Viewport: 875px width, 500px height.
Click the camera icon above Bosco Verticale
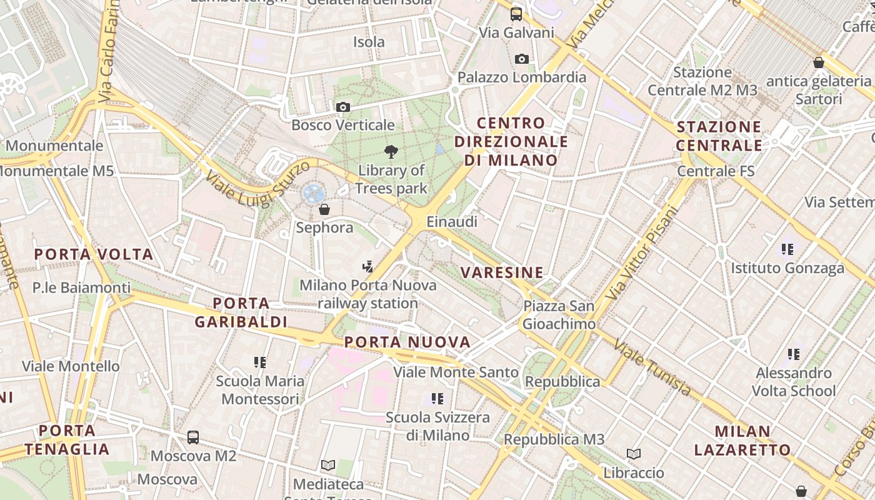coord(342,107)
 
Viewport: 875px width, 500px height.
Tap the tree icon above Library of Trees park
coord(391,151)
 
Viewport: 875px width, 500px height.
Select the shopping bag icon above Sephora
coord(324,209)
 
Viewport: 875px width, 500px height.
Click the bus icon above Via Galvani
coord(516,14)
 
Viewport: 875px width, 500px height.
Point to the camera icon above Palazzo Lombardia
coord(522,59)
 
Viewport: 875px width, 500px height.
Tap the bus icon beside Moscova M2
coord(193,437)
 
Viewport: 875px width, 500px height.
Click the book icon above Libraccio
coord(634,454)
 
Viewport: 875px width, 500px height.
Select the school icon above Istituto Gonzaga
coord(787,249)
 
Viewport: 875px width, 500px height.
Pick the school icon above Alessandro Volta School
coord(794,354)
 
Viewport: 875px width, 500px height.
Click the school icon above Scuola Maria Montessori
coord(260,362)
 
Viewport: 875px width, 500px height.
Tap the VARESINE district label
coord(502,272)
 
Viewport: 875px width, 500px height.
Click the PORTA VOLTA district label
coord(94,254)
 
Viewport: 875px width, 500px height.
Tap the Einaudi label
coord(452,221)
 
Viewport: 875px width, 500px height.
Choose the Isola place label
coord(369,42)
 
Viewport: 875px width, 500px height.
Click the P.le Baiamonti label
coord(82,288)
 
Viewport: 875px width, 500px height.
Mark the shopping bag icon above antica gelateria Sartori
coord(819,62)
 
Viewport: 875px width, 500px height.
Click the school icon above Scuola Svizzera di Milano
coord(437,398)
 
